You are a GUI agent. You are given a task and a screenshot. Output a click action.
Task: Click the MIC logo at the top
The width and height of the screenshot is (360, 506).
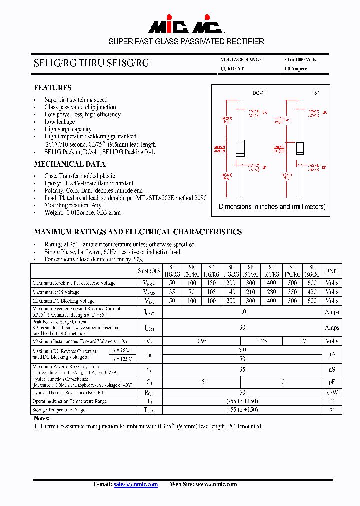coord(180,26)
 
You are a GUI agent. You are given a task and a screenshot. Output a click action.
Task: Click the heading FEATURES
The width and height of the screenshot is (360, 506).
coord(53,88)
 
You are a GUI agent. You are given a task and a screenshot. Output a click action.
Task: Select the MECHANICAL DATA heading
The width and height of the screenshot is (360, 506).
coord(70,164)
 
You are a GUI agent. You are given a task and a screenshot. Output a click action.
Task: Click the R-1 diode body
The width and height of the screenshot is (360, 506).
coord(300,148)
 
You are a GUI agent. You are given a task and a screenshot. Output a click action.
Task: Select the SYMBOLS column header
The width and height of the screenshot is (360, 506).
coord(149,271)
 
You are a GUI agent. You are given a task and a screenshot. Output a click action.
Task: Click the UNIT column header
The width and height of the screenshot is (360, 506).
coord(332,271)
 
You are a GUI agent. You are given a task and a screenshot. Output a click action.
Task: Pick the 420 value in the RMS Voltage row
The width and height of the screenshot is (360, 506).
coord(312,292)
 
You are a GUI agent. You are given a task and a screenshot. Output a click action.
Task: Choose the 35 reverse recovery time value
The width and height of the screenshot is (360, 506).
coord(242,370)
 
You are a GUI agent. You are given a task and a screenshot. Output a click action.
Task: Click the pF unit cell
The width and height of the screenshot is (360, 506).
coord(332,382)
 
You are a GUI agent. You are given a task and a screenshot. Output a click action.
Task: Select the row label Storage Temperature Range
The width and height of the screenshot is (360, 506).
coord(59,410)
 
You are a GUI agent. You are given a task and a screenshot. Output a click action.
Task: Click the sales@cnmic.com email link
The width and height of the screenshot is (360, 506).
coord(136,484)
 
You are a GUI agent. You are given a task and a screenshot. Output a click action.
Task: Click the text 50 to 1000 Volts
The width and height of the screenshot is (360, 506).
coord(300,59)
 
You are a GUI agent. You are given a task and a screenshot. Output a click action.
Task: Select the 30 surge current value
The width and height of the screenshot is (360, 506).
coord(242,328)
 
